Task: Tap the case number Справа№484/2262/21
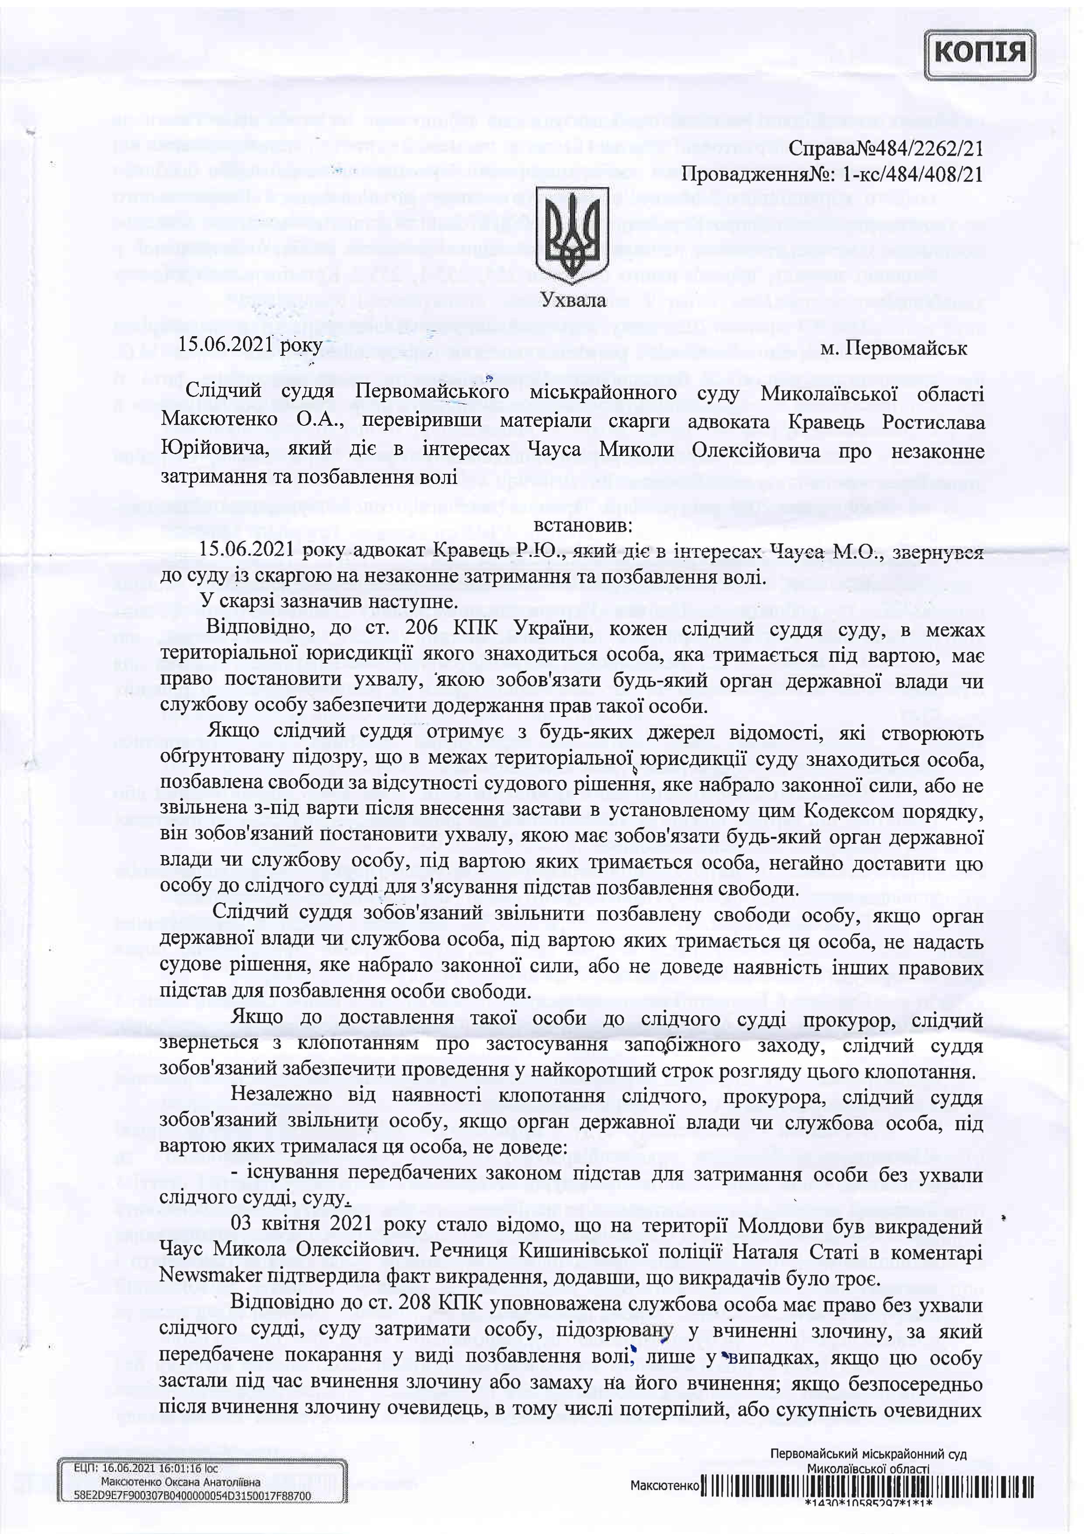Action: click(886, 148)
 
